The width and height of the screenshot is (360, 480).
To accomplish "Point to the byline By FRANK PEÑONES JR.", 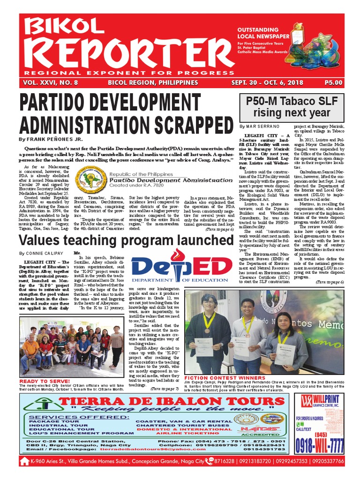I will pos(51,139).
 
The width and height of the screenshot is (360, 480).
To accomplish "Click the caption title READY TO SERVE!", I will pos(42,381).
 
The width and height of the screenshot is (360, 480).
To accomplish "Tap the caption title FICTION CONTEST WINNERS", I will pos(218,377).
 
